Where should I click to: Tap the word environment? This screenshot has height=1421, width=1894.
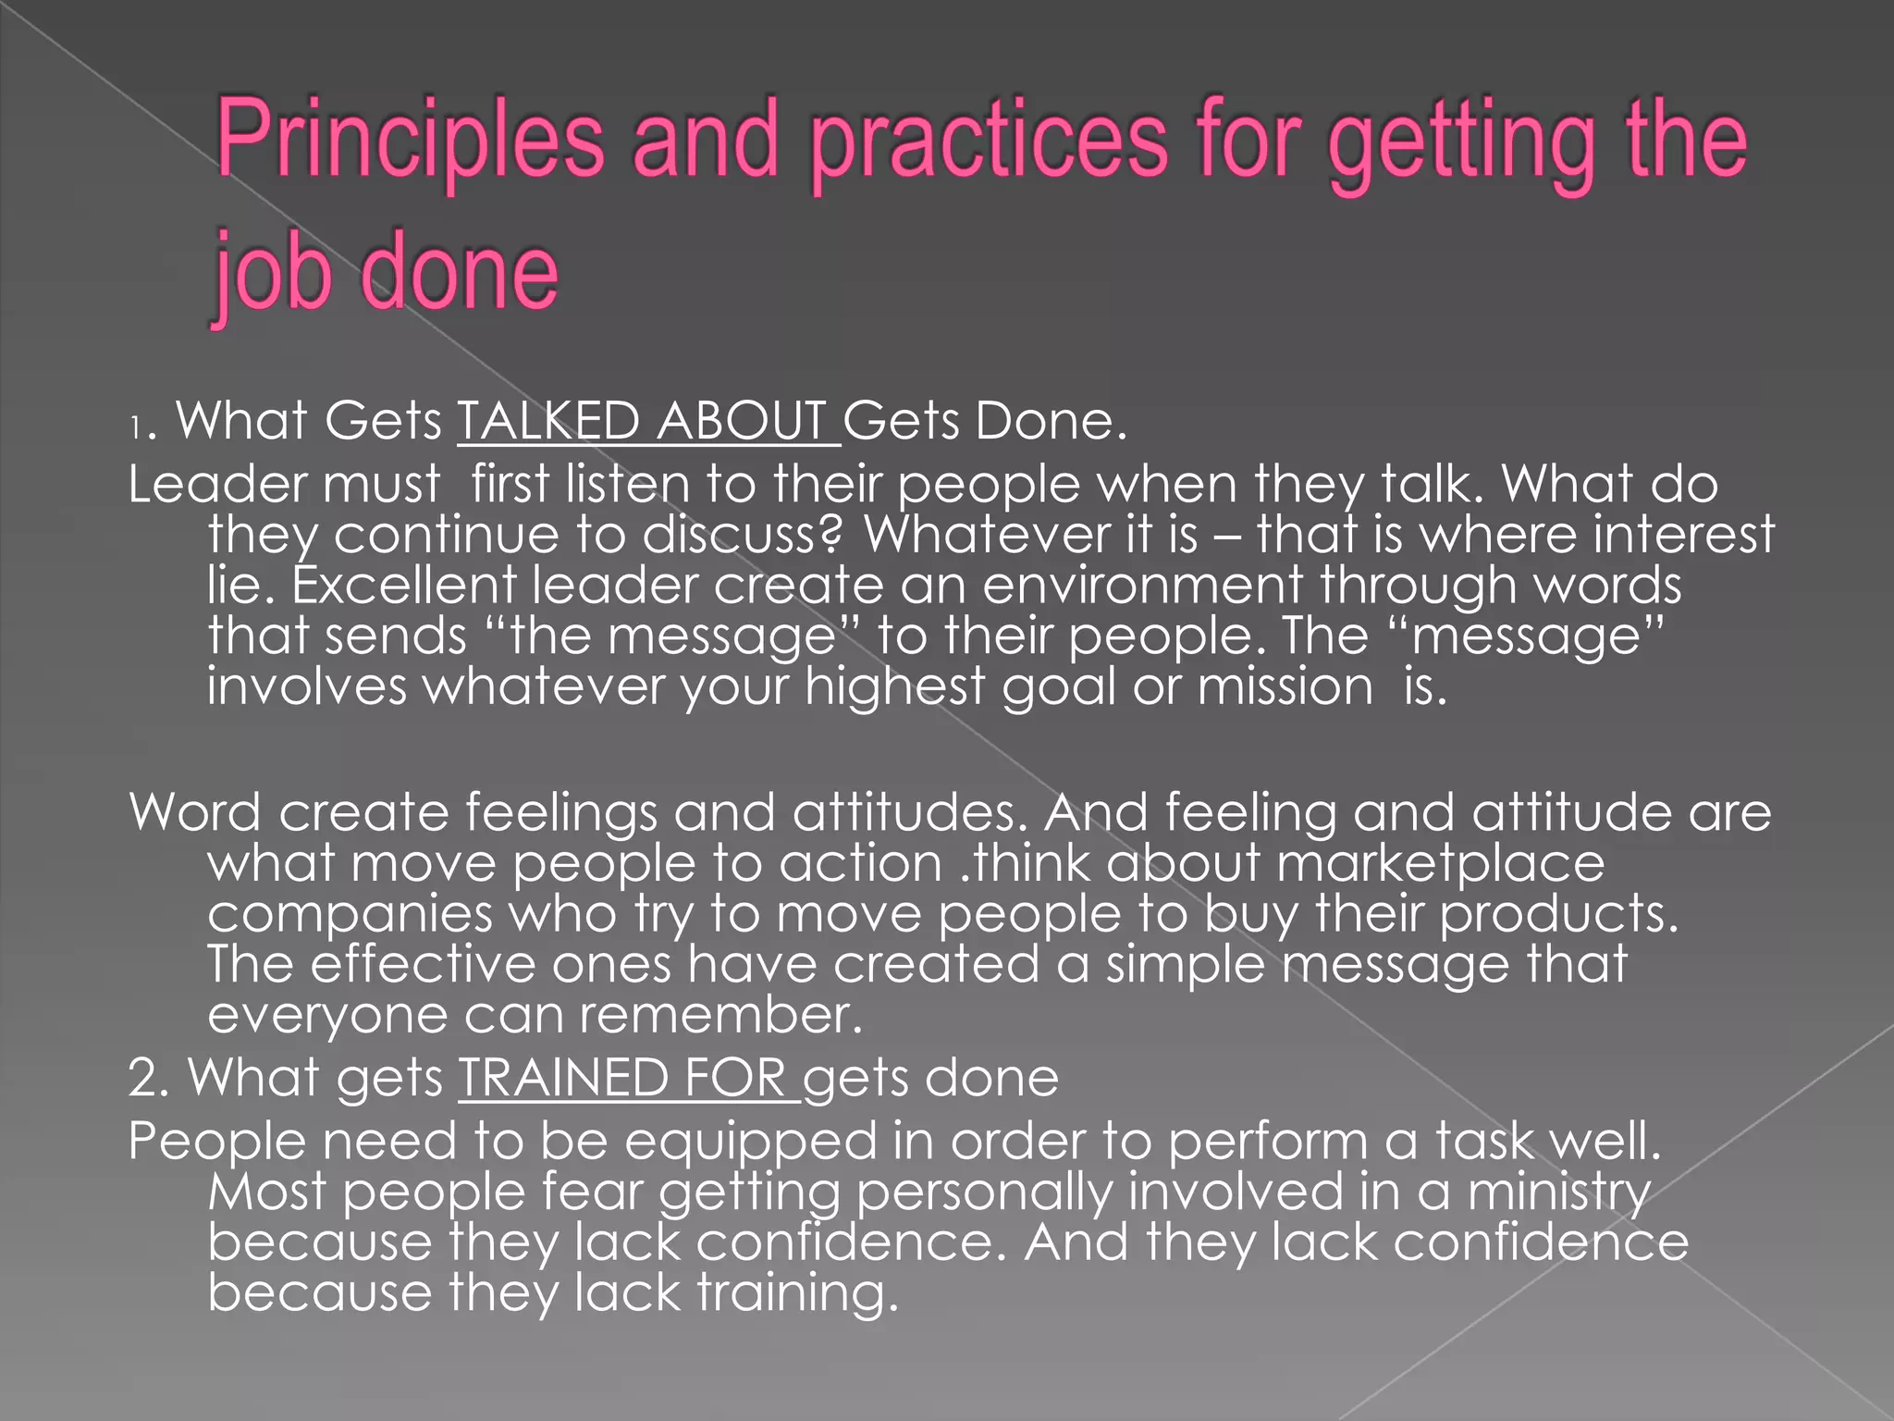click(1141, 585)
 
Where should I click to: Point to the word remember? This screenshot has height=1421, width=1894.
click(720, 1015)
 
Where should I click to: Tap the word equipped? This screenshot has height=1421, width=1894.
click(750, 1142)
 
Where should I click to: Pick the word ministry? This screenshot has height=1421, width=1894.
click(1558, 1192)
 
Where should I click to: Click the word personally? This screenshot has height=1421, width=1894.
click(984, 1192)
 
